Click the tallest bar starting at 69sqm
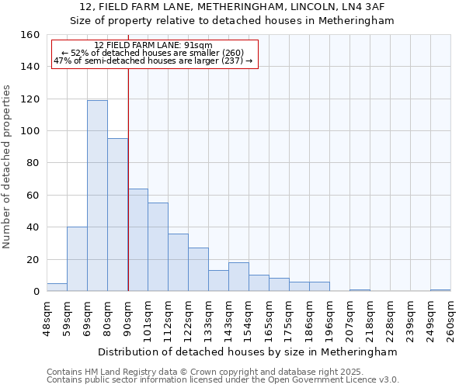pos(97,196)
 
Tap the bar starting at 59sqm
pos(77,259)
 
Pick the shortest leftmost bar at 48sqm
pos(57,287)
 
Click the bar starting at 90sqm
pos(137,240)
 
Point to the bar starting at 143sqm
pos(238,277)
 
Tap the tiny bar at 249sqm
pos(440,290)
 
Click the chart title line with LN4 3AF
pos(233,7)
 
